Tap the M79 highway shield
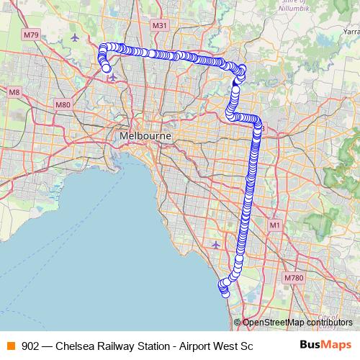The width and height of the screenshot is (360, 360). pyautogui.click(x=31, y=34)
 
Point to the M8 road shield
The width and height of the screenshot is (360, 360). pyautogui.click(x=14, y=92)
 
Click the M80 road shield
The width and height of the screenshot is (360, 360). pyautogui.click(x=63, y=105)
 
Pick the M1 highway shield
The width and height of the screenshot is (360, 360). pyautogui.click(x=274, y=225)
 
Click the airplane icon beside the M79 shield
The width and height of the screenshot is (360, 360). pyautogui.click(x=74, y=36)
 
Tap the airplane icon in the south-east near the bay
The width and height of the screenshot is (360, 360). pyautogui.click(x=216, y=245)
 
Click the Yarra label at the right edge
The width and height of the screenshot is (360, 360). pyautogui.click(x=351, y=32)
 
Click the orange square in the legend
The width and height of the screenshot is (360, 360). pyautogui.click(x=10, y=345)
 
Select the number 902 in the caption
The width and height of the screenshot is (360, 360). pyautogui.click(x=31, y=345)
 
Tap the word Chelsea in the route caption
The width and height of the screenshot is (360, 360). pyautogui.click(x=84, y=345)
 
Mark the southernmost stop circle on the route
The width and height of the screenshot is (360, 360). pyautogui.click(x=225, y=293)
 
